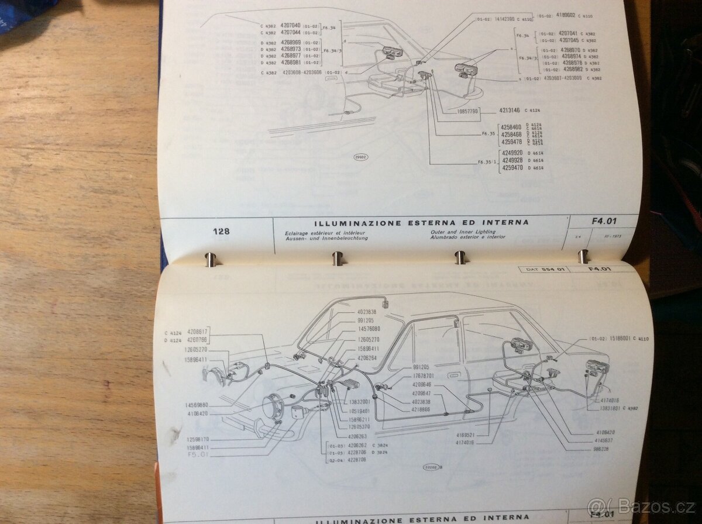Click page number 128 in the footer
click(221, 232)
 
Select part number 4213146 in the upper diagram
click(511, 110)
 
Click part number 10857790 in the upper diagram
click(465, 111)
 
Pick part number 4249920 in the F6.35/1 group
click(513, 154)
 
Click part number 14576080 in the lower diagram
click(369, 329)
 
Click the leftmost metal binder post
click(210, 258)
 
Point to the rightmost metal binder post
click(583, 256)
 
